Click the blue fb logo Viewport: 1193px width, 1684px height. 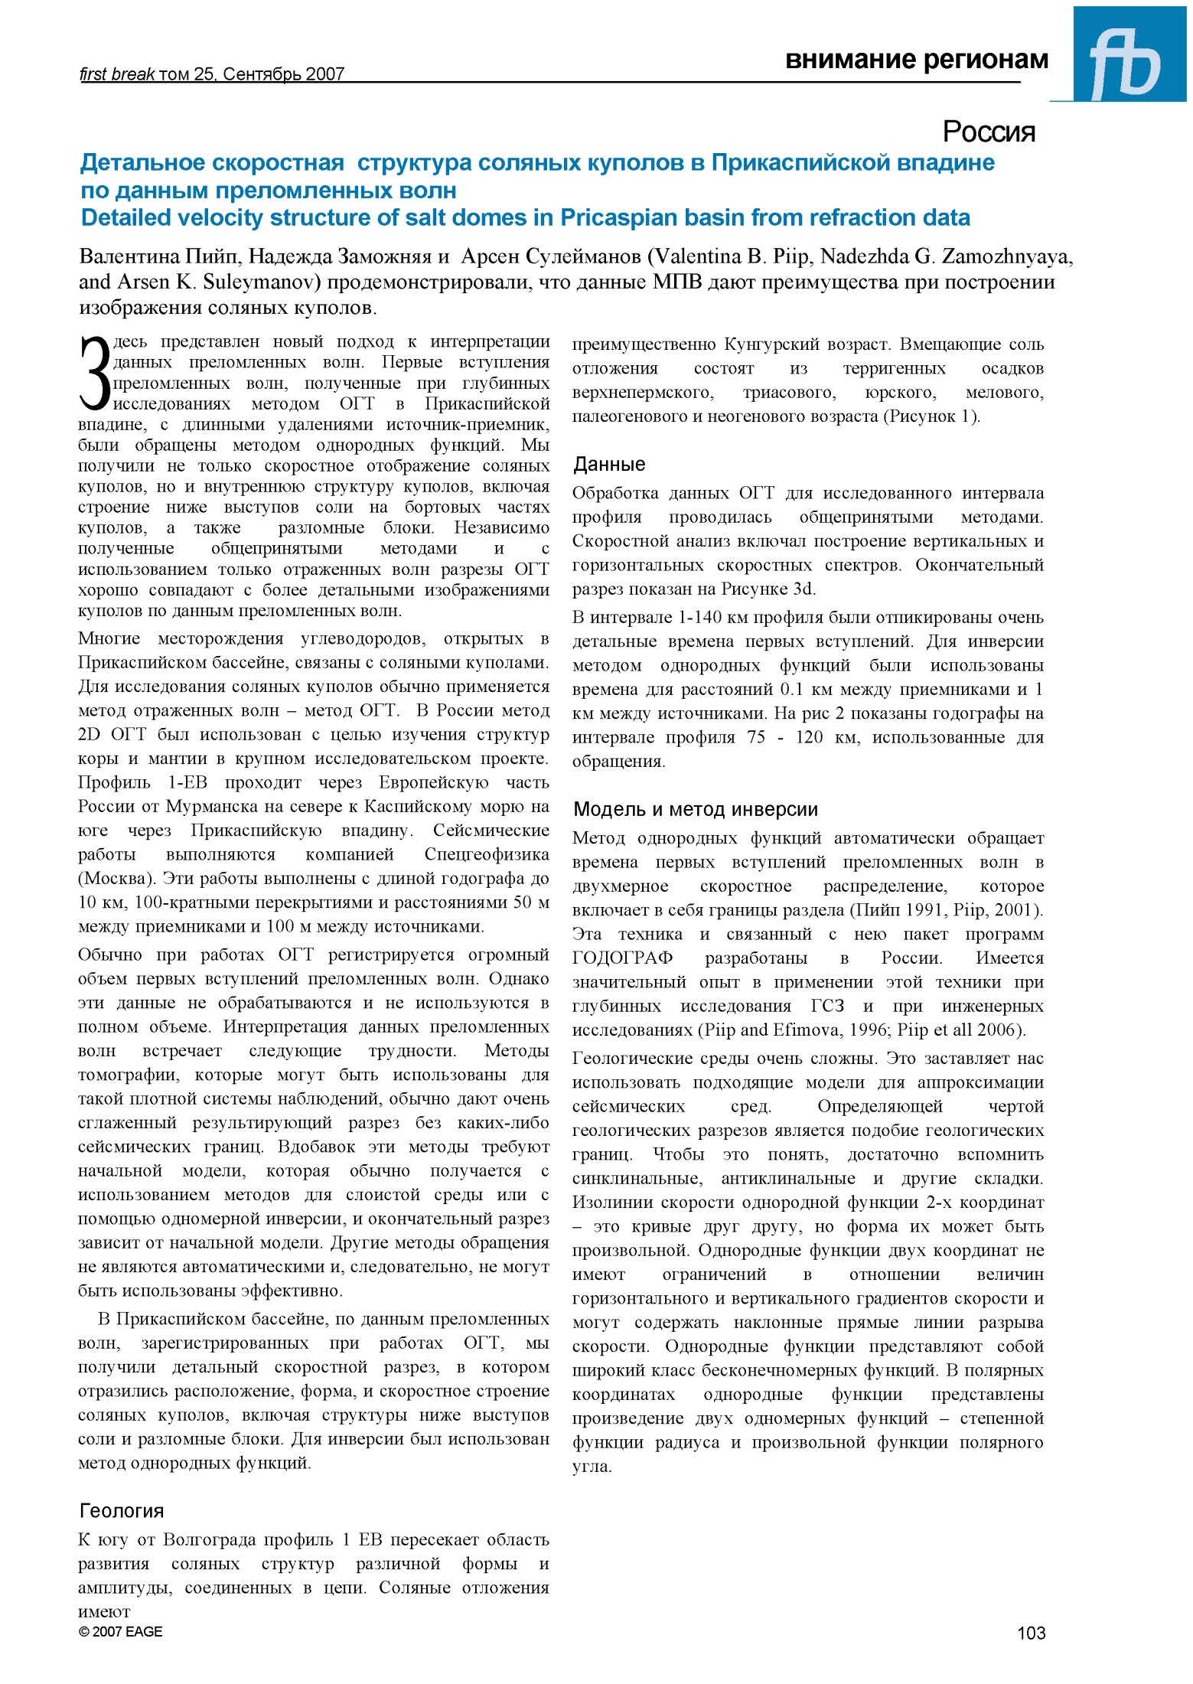point(1129,54)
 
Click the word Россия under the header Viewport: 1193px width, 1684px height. point(988,132)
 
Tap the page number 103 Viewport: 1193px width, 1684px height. point(1030,1633)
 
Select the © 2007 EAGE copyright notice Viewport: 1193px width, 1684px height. point(120,1631)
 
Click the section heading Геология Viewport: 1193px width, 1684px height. point(122,1511)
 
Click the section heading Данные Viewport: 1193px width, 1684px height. point(609,464)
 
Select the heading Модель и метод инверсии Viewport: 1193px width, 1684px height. point(695,809)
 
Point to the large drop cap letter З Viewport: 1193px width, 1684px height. point(95,374)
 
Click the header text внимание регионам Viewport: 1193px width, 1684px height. point(916,60)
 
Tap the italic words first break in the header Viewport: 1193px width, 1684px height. point(116,74)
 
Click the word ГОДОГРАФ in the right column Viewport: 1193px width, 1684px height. point(622,958)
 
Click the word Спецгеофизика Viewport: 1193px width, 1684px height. point(486,854)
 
